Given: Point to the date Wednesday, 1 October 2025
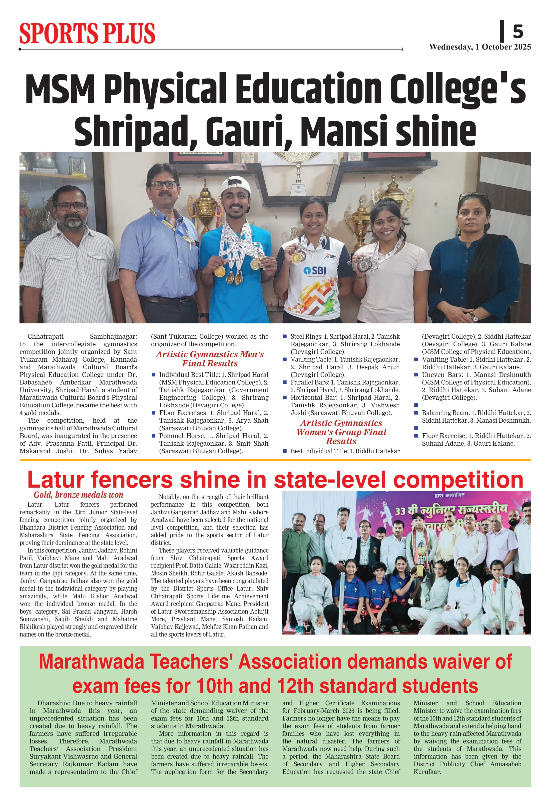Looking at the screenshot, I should pos(480,47).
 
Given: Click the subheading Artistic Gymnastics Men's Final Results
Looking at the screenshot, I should pos(210,359).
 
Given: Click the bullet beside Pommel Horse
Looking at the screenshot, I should pos(153,436).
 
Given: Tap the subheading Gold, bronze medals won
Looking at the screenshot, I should pos(78,495).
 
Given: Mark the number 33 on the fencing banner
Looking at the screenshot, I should pos(400,511).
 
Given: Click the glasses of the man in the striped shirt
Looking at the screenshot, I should pos(71,207).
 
